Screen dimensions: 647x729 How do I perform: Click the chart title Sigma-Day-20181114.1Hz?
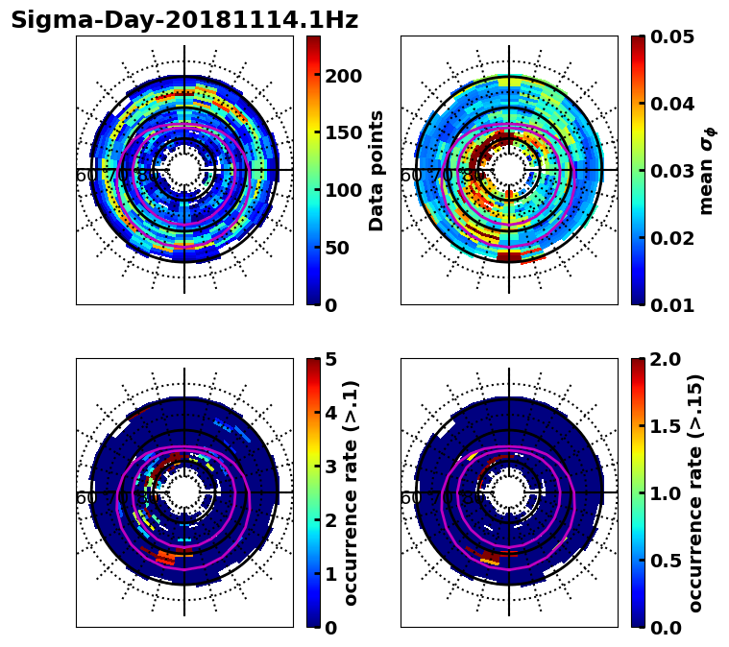pos(184,20)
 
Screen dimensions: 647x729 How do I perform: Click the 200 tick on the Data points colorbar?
pos(343,76)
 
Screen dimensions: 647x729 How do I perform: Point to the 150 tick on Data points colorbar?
pos(343,133)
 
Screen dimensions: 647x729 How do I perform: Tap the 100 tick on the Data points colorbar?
pos(343,190)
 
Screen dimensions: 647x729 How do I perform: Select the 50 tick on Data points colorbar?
pos(337,248)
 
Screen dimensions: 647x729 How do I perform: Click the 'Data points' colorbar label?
pos(377,171)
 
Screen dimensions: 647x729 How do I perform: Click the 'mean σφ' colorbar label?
pos(707,171)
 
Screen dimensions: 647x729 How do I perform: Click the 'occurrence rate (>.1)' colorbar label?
pos(352,492)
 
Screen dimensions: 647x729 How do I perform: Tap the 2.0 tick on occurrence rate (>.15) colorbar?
pos(661,359)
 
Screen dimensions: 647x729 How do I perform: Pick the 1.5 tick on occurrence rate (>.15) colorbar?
pos(661,426)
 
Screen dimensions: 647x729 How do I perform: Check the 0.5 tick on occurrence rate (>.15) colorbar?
pos(661,561)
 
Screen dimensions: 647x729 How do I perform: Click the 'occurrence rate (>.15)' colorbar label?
pos(695,492)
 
